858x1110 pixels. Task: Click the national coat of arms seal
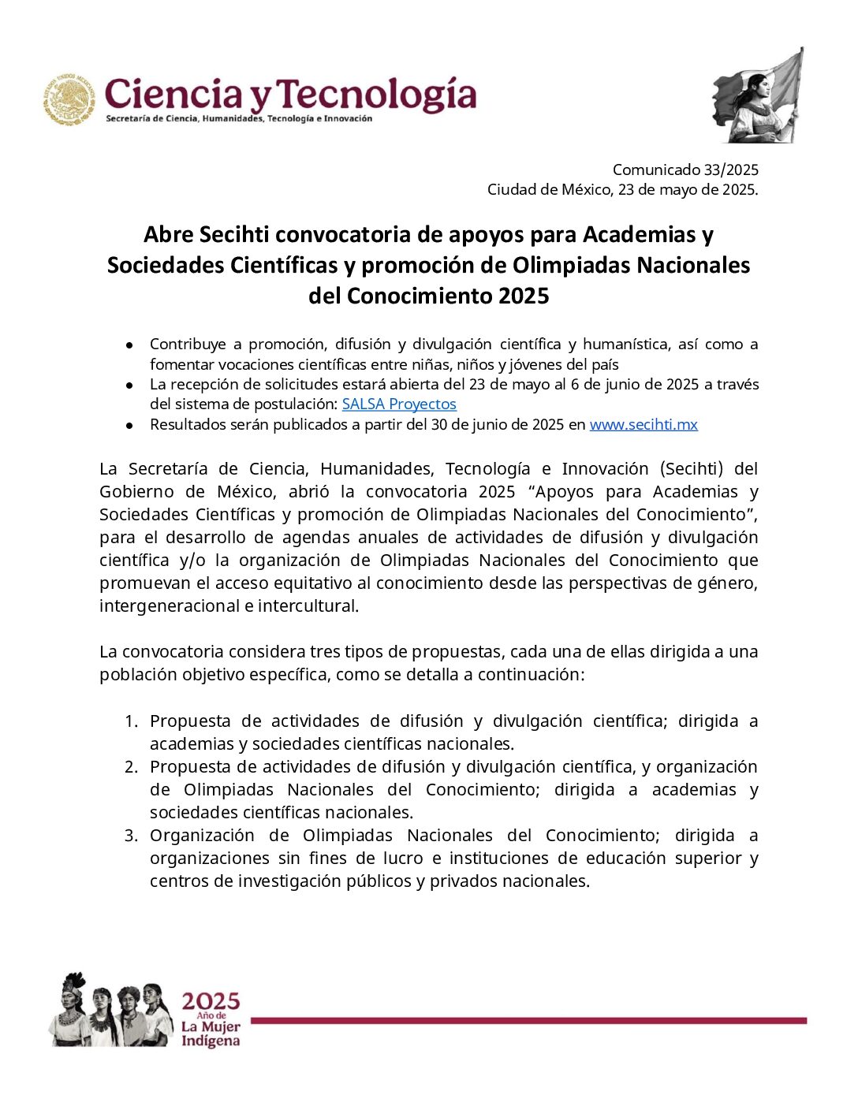click(x=69, y=100)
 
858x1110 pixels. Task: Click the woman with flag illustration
click(x=758, y=96)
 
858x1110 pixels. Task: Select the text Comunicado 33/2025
click(x=685, y=169)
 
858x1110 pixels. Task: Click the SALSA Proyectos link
click(x=399, y=404)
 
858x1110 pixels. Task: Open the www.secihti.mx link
click(x=643, y=424)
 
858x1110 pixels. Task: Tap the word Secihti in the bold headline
click(x=234, y=234)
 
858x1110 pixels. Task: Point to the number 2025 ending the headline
click(x=524, y=296)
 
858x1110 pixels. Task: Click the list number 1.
click(x=132, y=721)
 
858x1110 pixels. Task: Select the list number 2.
click(x=132, y=766)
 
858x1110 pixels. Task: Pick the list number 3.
click(x=132, y=835)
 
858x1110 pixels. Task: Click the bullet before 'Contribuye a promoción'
click(x=129, y=345)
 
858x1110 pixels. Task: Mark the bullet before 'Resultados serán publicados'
click(x=129, y=425)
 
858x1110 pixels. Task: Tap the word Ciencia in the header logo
click(x=173, y=95)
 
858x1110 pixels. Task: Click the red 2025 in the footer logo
click(x=211, y=1001)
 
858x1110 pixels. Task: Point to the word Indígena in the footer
click(x=210, y=1041)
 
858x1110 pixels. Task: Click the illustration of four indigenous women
click(x=110, y=1010)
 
